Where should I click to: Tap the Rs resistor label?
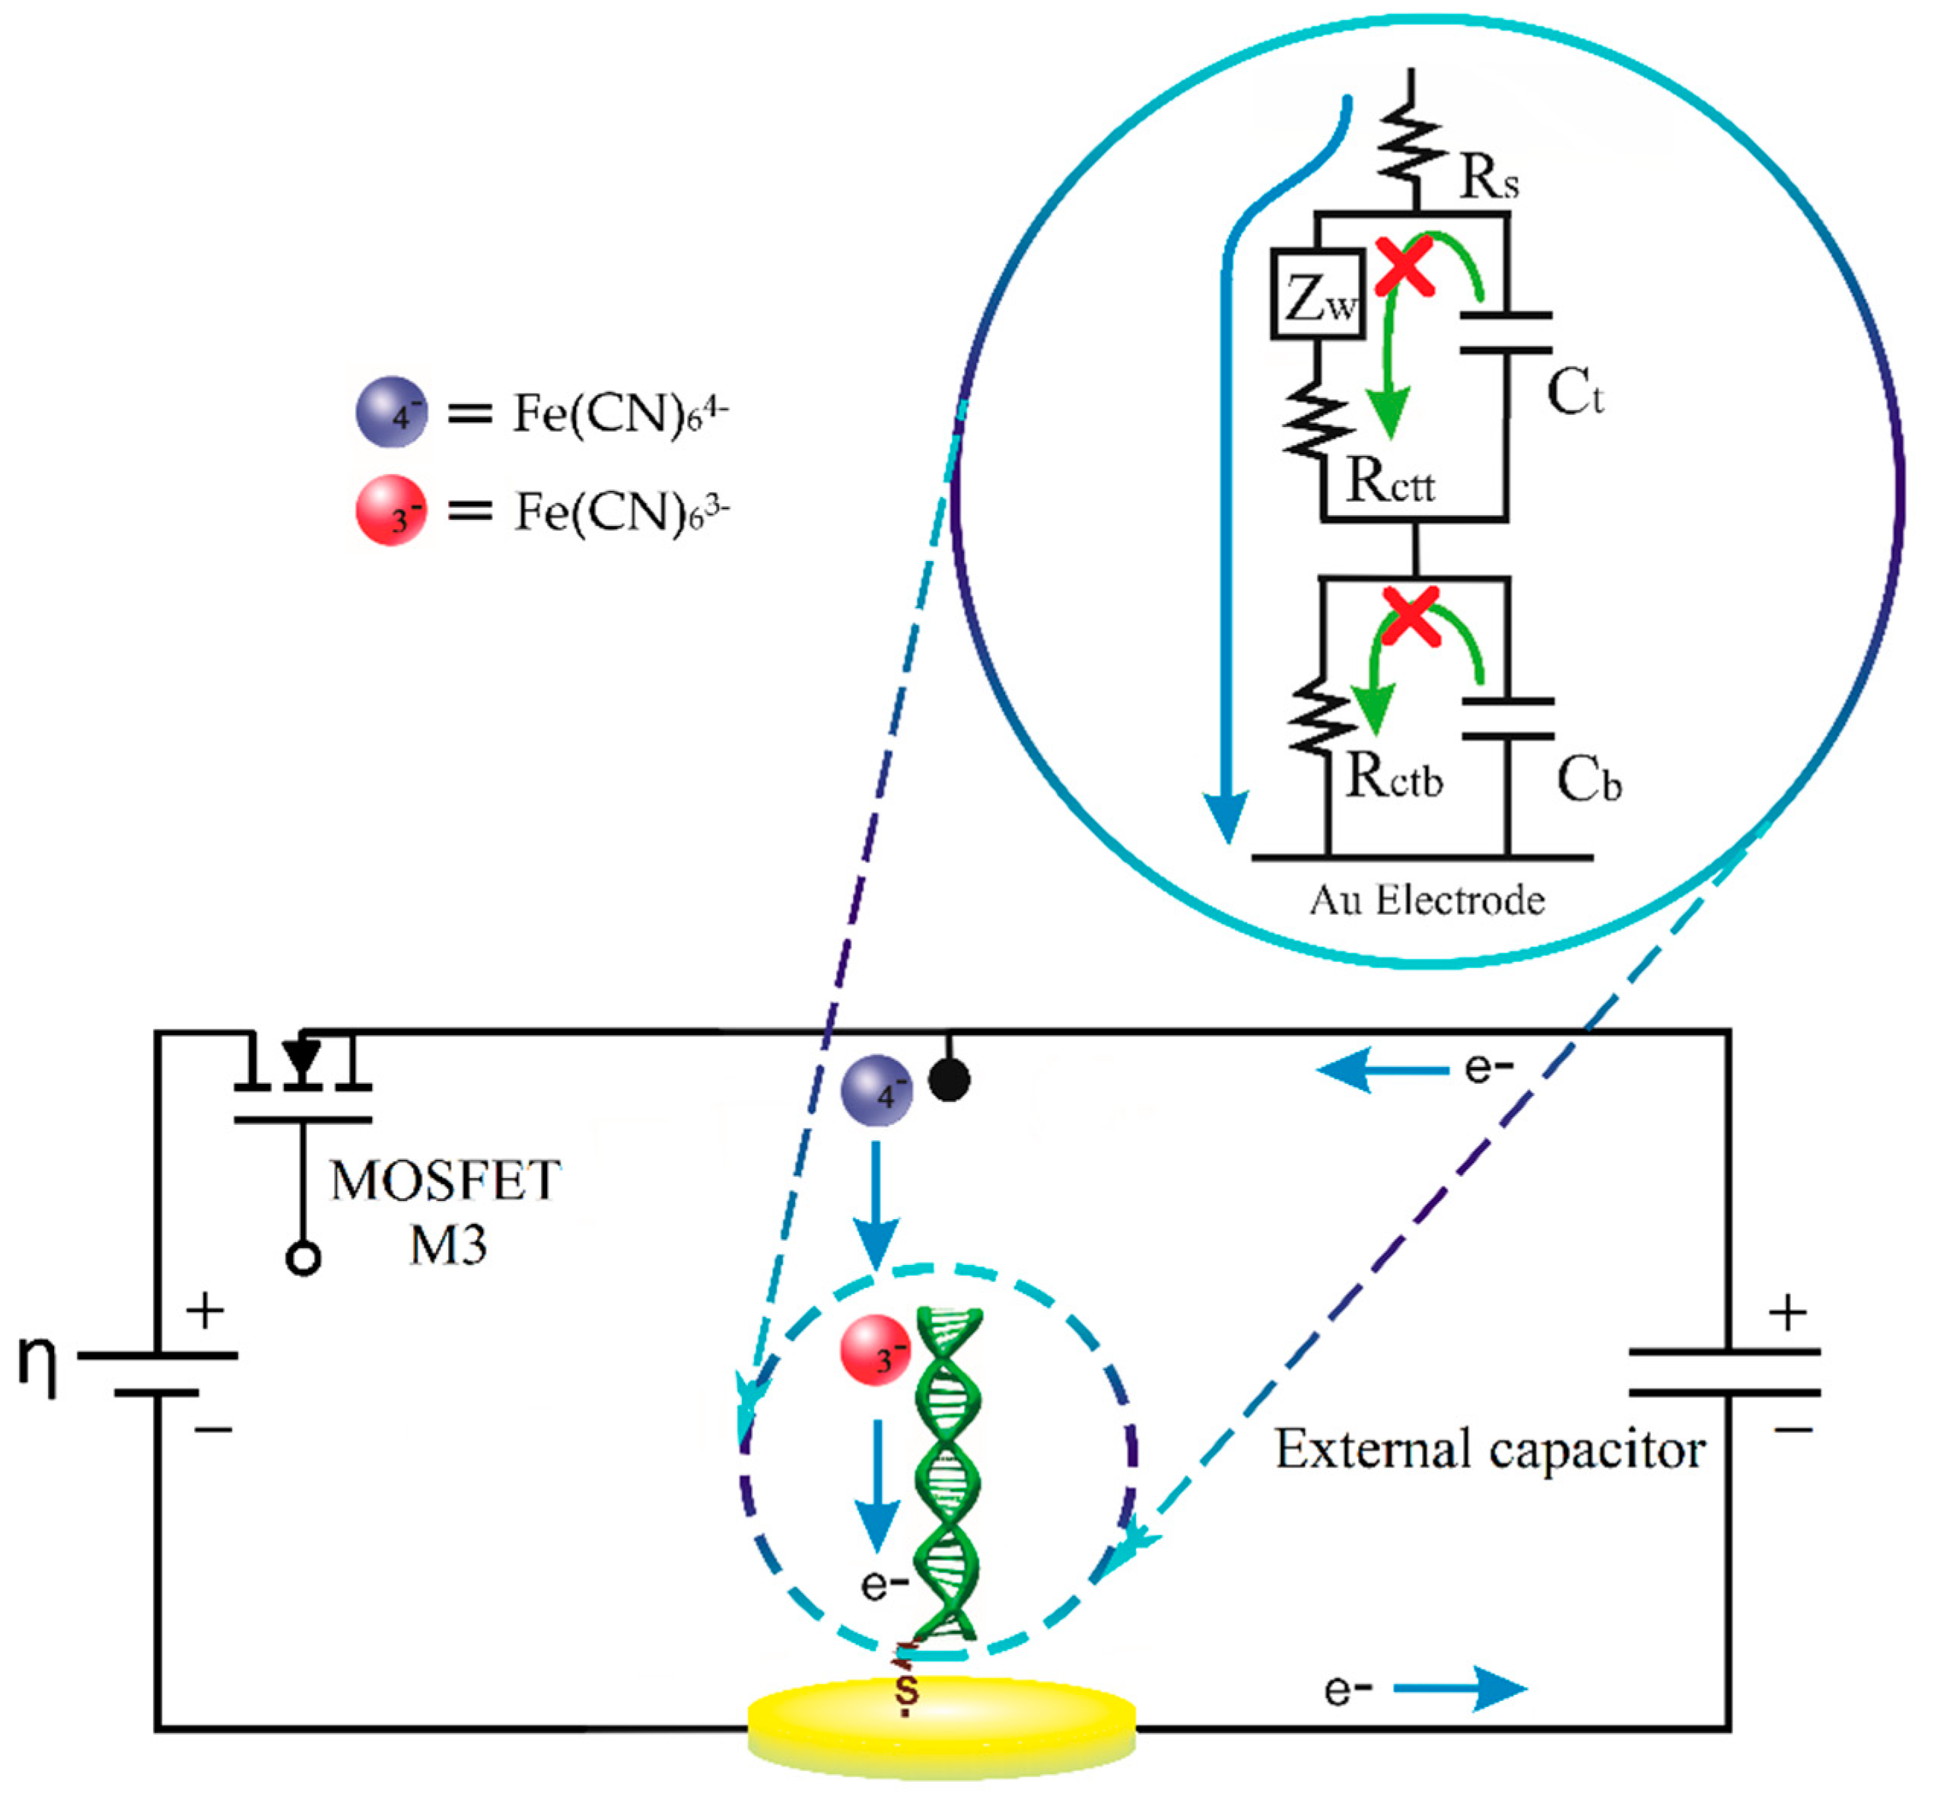click(1488, 178)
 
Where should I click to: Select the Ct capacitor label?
click(1573, 393)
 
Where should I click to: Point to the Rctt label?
click(1389, 482)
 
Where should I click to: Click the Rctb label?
click(1393, 776)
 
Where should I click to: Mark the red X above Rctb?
click(1411, 616)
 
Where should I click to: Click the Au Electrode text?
click(1427, 900)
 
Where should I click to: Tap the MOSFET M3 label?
click(447, 1212)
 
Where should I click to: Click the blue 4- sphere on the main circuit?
click(876, 1090)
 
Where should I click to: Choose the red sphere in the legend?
click(391, 510)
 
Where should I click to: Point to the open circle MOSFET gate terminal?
click(304, 1258)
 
